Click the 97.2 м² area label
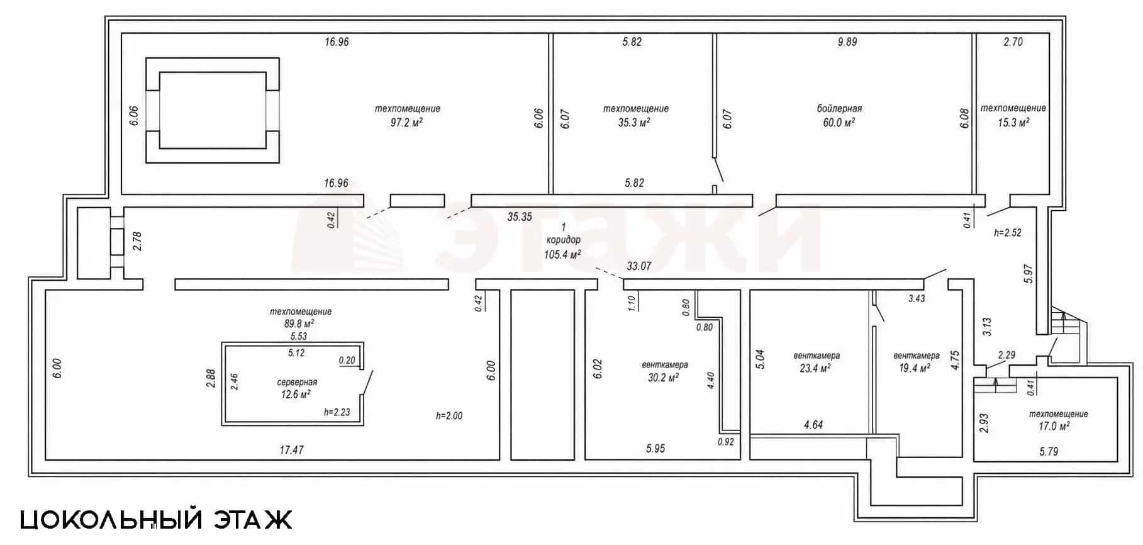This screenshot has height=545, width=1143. (406, 123)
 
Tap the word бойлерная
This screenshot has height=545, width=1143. (839, 109)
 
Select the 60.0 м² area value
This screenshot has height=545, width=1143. (839, 123)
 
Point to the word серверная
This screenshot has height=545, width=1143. (297, 382)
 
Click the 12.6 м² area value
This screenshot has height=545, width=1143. (296, 395)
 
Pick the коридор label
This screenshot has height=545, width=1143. (563, 240)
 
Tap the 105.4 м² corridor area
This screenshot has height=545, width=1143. (562, 254)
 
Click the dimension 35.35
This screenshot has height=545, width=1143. (520, 217)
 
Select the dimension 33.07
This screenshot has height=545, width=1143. (638, 266)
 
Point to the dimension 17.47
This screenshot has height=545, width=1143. (292, 450)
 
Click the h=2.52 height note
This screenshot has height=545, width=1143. (1008, 233)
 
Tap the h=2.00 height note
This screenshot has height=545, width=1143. (449, 416)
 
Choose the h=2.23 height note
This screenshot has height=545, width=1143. (337, 413)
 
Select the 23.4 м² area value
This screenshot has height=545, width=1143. (816, 369)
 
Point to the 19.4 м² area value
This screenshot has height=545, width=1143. (915, 369)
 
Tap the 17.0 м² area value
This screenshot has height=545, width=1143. (1054, 427)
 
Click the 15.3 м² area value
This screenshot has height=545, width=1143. (1013, 123)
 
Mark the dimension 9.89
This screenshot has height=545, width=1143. (847, 42)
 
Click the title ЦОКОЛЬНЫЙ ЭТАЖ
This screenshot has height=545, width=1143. (156, 520)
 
